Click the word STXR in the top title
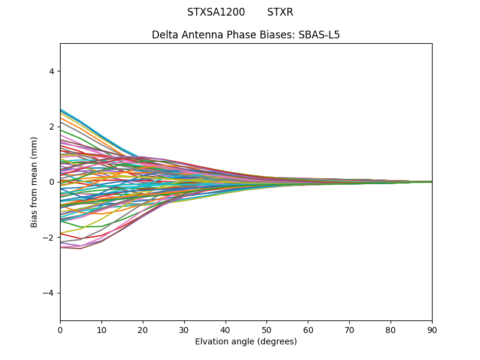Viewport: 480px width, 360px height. tap(280, 12)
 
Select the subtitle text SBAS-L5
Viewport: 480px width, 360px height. tap(319, 35)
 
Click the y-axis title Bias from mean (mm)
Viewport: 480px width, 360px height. tap(35, 182)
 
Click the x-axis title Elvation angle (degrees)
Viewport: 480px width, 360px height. tap(246, 341)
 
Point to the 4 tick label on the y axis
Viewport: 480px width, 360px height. tap(52, 71)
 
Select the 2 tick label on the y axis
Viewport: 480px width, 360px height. tap(52, 127)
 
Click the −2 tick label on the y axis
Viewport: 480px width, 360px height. tap(49, 238)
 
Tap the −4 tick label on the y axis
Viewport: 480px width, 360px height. tap(49, 293)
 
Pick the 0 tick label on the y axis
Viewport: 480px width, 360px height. tap(52, 182)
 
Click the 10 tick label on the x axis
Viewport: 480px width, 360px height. tap(101, 329)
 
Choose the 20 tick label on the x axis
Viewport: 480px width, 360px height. tap(143, 329)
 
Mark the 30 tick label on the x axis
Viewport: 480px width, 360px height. tap(184, 329)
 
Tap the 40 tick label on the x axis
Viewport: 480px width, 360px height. tap(226, 329)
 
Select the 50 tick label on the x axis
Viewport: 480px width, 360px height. tap(266, 329)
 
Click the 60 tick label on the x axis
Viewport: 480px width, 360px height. tap(308, 329)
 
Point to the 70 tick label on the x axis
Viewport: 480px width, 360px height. tap(349, 329)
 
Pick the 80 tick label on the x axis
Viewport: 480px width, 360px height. tap(391, 329)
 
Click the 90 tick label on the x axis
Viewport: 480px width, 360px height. tap(432, 329)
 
